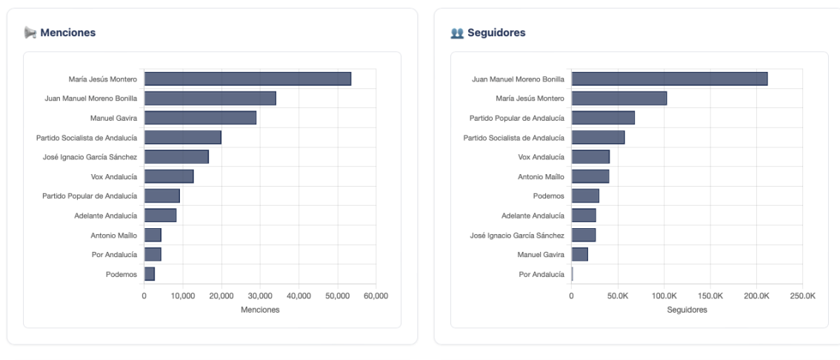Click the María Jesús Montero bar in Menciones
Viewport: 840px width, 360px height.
tap(247, 79)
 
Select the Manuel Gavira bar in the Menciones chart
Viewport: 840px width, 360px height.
tap(200, 118)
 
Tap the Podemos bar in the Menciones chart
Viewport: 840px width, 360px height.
tap(150, 274)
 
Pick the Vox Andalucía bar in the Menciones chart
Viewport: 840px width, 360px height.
tap(169, 176)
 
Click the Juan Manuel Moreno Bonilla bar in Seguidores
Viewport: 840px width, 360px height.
tap(669, 79)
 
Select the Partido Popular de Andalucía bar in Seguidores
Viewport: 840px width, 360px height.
tap(603, 118)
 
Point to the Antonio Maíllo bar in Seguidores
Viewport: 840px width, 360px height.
tap(590, 176)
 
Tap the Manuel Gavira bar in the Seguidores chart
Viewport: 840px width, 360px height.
tap(579, 255)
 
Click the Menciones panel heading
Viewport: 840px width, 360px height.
tap(67, 33)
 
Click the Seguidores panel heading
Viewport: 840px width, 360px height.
tap(496, 33)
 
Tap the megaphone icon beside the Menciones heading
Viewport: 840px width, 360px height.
tap(30, 33)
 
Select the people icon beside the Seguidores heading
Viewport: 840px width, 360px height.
tap(457, 33)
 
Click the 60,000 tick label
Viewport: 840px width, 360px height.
tap(376, 296)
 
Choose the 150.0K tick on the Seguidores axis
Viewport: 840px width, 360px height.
tap(710, 296)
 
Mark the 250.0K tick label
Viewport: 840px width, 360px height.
tap(802, 296)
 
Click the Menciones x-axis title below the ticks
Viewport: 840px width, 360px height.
tap(260, 310)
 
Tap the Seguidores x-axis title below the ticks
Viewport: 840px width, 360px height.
tap(687, 310)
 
